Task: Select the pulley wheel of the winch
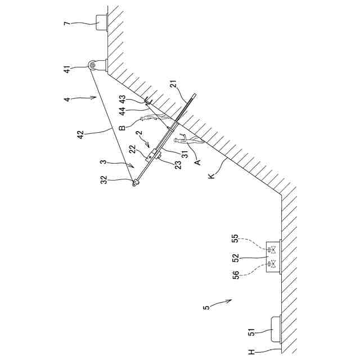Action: coord(91,65)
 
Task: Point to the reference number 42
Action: coord(80,135)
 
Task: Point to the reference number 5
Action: coord(206,307)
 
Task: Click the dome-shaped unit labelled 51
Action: coord(276,329)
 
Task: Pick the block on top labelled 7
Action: coord(102,23)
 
